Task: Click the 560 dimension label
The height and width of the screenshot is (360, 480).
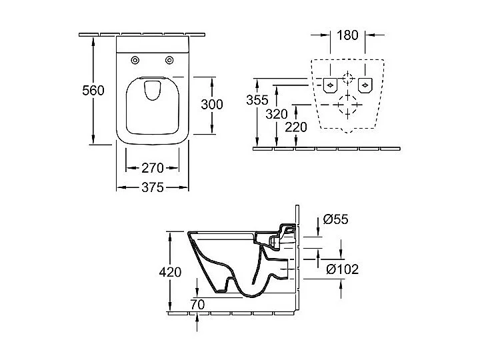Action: [x=93, y=90]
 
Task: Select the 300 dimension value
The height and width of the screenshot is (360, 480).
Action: [x=212, y=104]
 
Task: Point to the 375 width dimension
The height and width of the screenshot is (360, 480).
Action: [x=152, y=188]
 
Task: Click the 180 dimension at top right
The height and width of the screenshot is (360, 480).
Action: [x=347, y=35]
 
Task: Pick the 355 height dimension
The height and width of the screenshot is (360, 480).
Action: [x=257, y=101]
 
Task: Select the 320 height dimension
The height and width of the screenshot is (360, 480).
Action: [x=277, y=114]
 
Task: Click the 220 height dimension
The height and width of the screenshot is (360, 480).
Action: [x=295, y=127]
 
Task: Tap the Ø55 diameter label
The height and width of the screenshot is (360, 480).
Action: [x=337, y=219]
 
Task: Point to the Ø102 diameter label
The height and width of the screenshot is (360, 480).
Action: [x=343, y=269]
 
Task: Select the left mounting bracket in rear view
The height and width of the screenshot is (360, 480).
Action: [x=330, y=86]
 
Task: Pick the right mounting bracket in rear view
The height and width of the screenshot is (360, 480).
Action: [x=364, y=86]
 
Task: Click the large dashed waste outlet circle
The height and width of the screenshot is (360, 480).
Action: [x=347, y=105]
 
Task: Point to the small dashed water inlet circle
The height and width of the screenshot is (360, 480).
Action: [x=347, y=77]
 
